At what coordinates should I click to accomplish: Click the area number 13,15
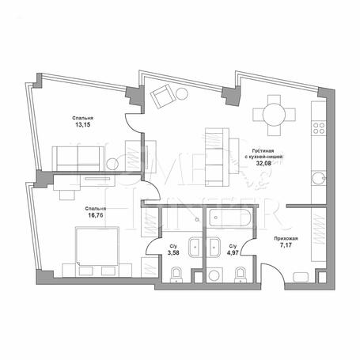pyautogui.click(x=83, y=124)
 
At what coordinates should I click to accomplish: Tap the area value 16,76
pyautogui.click(x=96, y=215)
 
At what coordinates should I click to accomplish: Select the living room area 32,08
pyautogui.click(x=263, y=163)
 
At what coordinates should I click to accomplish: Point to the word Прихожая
pyautogui.click(x=286, y=239)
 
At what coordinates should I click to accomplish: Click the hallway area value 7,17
pyautogui.click(x=286, y=245)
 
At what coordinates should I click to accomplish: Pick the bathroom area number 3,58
pyautogui.click(x=173, y=252)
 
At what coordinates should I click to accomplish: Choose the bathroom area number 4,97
pyautogui.click(x=233, y=252)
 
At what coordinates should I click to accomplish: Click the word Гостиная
pyautogui.click(x=263, y=151)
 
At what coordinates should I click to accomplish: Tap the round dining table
pyautogui.click(x=274, y=115)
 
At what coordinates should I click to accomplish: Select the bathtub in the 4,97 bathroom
pyautogui.click(x=230, y=218)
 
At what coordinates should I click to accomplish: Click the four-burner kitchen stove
pyautogui.click(x=319, y=128)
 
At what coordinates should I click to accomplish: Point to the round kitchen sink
pyautogui.click(x=318, y=179)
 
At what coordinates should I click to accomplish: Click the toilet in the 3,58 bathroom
pyautogui.click(x=176, y=275)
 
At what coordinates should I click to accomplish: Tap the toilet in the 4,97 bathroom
pyautogui.click(x=240, y=275)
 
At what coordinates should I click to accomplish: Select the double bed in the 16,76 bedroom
pyautogui.click(x=97, y=246)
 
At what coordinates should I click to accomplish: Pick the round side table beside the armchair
pyautogui.click(x=182, y=93)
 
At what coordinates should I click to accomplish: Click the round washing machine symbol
pyautogui.click(x=214, y=275)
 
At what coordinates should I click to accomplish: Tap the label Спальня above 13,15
pyautogui.click(x=82, y=118)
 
